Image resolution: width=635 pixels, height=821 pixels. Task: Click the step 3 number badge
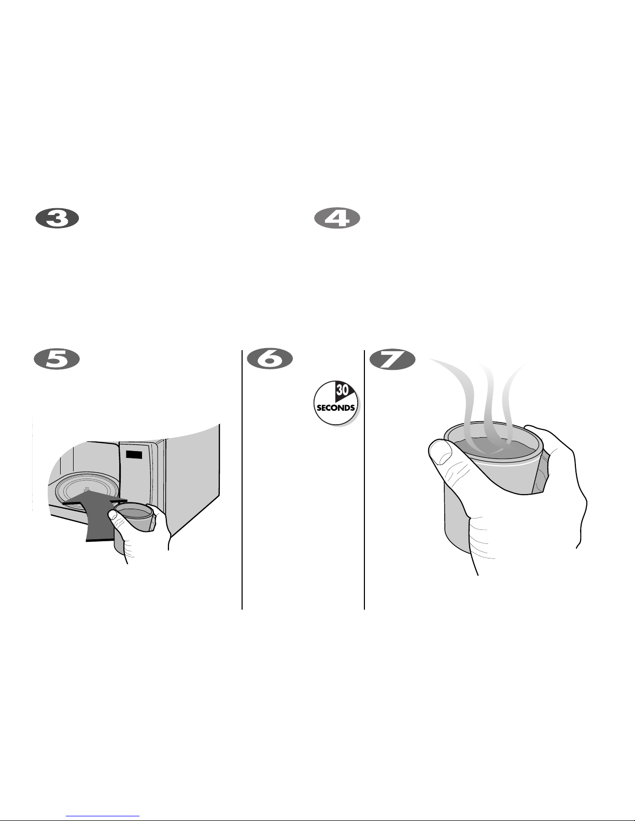pyautogui.click(x=57, y=219)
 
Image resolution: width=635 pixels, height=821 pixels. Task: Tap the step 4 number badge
pyautogui.click(x=337, y=219)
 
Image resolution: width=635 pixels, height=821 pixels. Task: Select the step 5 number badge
pyautogui.click(x=57, y=359)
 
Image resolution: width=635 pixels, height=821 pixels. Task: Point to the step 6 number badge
pyautogui.click(x=270, y=359)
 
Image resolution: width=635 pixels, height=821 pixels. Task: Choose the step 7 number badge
pyautogui.click(x=392, y=359)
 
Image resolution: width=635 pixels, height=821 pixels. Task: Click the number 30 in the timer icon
pyautogui.click(x=342, y=390)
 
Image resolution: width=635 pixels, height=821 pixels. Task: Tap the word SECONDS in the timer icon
pyautogui.click(x=336, y=408)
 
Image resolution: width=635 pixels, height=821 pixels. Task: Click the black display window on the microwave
pyautogui.click(x=134, y=454)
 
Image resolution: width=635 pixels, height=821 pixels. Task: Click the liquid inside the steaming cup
pyautogui.click(x=495, y=448)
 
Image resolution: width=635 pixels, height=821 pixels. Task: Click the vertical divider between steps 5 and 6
pyautogui.click(x=242, y=480)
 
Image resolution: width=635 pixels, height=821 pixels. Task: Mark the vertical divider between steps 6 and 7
pyautogui.click(x=364, y=480)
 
